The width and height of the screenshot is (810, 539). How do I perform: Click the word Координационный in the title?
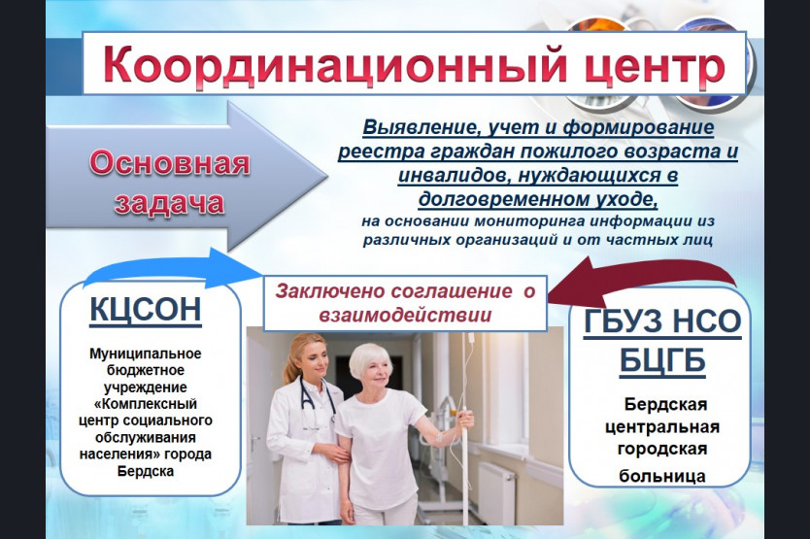328,65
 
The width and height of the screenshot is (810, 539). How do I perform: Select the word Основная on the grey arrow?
169,162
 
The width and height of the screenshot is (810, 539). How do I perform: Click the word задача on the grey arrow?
169,202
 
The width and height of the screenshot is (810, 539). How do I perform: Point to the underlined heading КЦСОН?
146,310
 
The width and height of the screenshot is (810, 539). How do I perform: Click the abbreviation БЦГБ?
662,359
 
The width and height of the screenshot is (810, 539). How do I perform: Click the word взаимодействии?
406,315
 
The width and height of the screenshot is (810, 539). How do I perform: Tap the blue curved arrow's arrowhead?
236,268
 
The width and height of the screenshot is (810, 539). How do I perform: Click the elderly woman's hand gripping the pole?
465,417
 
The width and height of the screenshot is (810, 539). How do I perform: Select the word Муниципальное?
146,354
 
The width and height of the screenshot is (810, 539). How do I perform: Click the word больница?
662,476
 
